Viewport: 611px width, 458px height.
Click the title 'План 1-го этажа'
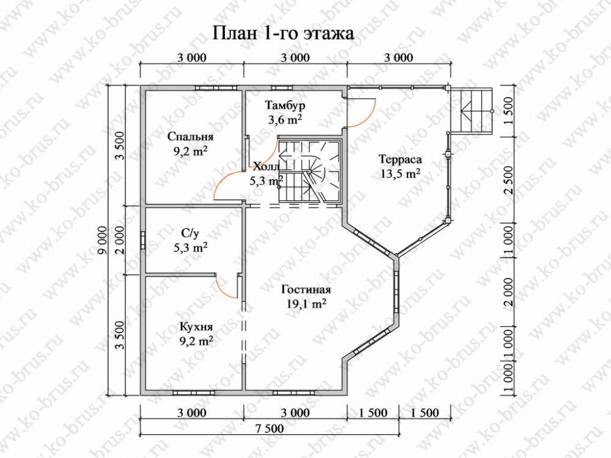284,33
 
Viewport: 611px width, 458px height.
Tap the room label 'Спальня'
191,137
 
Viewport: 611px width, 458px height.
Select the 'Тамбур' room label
285,105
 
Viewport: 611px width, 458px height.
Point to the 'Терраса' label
400,159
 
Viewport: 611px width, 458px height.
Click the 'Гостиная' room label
306,289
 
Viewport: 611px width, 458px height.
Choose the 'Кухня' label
196,327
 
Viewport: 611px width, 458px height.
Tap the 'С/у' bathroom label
190,233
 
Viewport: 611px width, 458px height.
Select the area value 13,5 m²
400,173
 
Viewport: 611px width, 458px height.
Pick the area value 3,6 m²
285,120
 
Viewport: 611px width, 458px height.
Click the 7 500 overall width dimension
269,429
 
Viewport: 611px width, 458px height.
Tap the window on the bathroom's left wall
143,240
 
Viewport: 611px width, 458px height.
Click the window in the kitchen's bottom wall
194,393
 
